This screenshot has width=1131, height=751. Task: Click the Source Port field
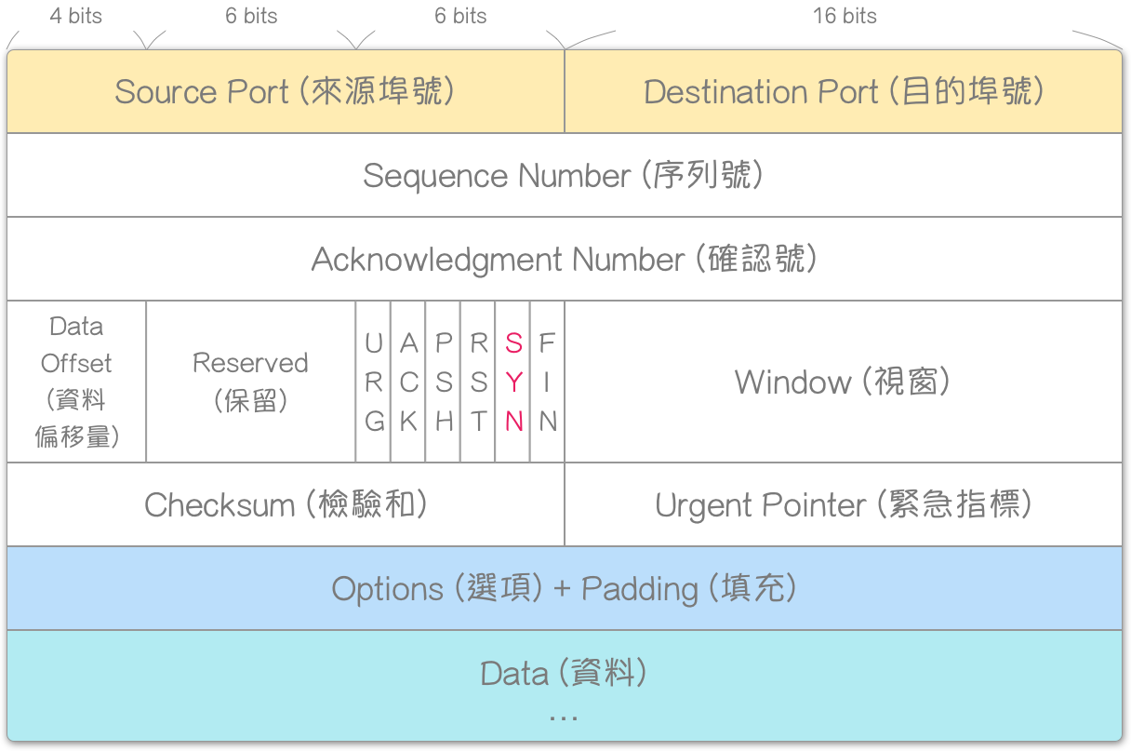[x=285, y=92]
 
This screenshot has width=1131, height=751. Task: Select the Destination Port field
[x=843, y=92]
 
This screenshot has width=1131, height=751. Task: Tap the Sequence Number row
[x=564, y=175]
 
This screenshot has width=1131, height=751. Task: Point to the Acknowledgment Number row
[x=564, y=259]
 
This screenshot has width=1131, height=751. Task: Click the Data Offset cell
[x=76, y=382]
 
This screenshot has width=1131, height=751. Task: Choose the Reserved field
[x=250, y=382]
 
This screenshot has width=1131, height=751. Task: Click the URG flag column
[x=373, y=382]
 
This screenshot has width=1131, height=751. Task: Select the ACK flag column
[x=408, y=382]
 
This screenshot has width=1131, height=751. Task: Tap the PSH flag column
[x=444, y=382]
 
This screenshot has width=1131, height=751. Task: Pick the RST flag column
[x=478, y=382]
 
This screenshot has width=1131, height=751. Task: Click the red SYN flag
[x=513, y=382]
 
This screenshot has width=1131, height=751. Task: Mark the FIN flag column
[x=548, y=382]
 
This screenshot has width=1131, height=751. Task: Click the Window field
[x=843, y=382]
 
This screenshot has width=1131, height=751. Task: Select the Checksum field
[x=285, y=504]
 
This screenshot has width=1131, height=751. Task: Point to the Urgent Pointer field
[x=843, y=504]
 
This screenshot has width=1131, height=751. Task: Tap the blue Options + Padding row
[x=564, y=588]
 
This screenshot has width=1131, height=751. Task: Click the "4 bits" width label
[x=76, y=16]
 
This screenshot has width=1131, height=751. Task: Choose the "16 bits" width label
[x=845, y=16]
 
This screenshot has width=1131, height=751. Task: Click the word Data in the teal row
[x=514, y=673]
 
